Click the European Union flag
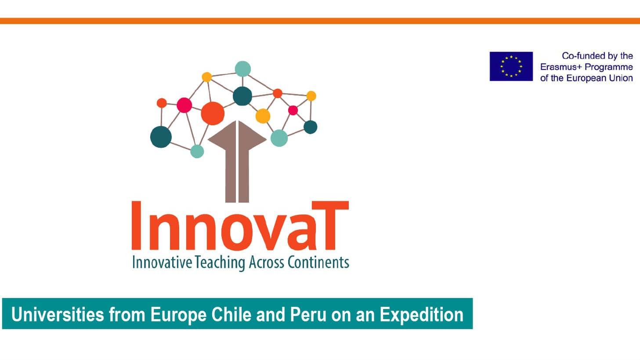[x=511, y=66]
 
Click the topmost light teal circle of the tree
[x=243, y=69]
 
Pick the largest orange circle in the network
[x=213, y=113]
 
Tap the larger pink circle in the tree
[x=184, y=105]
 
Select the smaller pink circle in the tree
[x=293, y=110]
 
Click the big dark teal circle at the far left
[x=161, y=137]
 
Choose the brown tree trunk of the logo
[x=237, y=162]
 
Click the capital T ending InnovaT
[x=330, y=225]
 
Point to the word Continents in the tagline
[x=318, y=262]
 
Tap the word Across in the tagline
[x=266, y=262]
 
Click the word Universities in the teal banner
[x=58, y=315]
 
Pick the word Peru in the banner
[x=308, y=315]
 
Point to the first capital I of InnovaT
[x=136, y=225]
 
